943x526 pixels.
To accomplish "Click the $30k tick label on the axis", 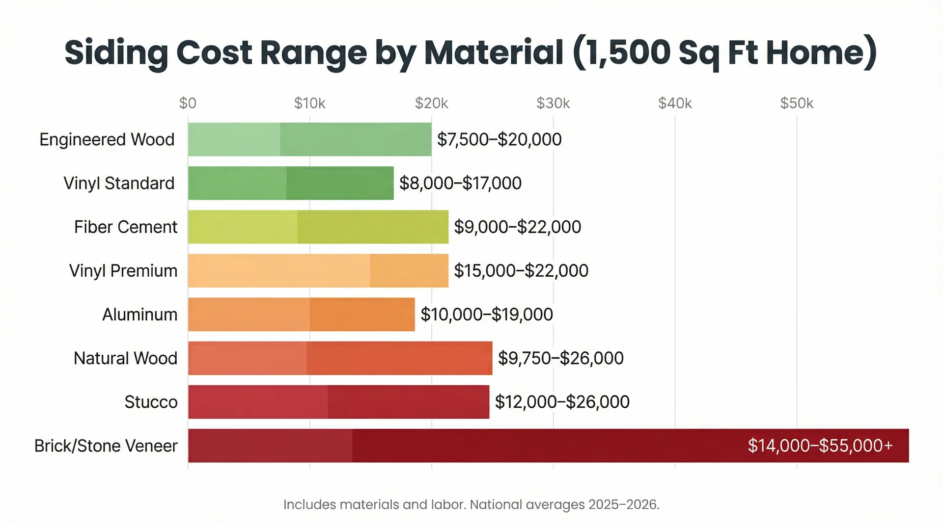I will (553, 104).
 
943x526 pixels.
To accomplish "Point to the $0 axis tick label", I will (188, 104).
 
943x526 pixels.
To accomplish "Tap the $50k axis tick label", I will (797, 104).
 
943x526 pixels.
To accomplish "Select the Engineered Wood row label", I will (107, 140).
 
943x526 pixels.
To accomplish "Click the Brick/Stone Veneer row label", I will (106, 446).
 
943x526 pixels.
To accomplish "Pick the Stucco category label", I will (151, 402).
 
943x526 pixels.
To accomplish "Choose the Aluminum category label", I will (139, 315).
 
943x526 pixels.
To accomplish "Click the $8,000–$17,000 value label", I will (460, 184).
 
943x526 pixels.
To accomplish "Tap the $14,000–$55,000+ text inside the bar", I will (820, 446).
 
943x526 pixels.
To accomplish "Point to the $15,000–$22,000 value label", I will (521, 271).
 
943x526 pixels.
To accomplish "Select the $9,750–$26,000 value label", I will (560, 358).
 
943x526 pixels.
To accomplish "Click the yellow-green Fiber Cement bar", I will (318, 227).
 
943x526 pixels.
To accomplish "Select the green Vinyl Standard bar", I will (291, 184).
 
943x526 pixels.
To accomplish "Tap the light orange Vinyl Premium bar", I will (318, 271).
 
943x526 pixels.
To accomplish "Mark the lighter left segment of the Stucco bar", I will (258, 402).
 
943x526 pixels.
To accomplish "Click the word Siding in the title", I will (116, 53).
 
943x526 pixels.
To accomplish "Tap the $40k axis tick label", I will (675, 104).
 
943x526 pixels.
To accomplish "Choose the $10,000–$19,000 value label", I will (486, 315).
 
